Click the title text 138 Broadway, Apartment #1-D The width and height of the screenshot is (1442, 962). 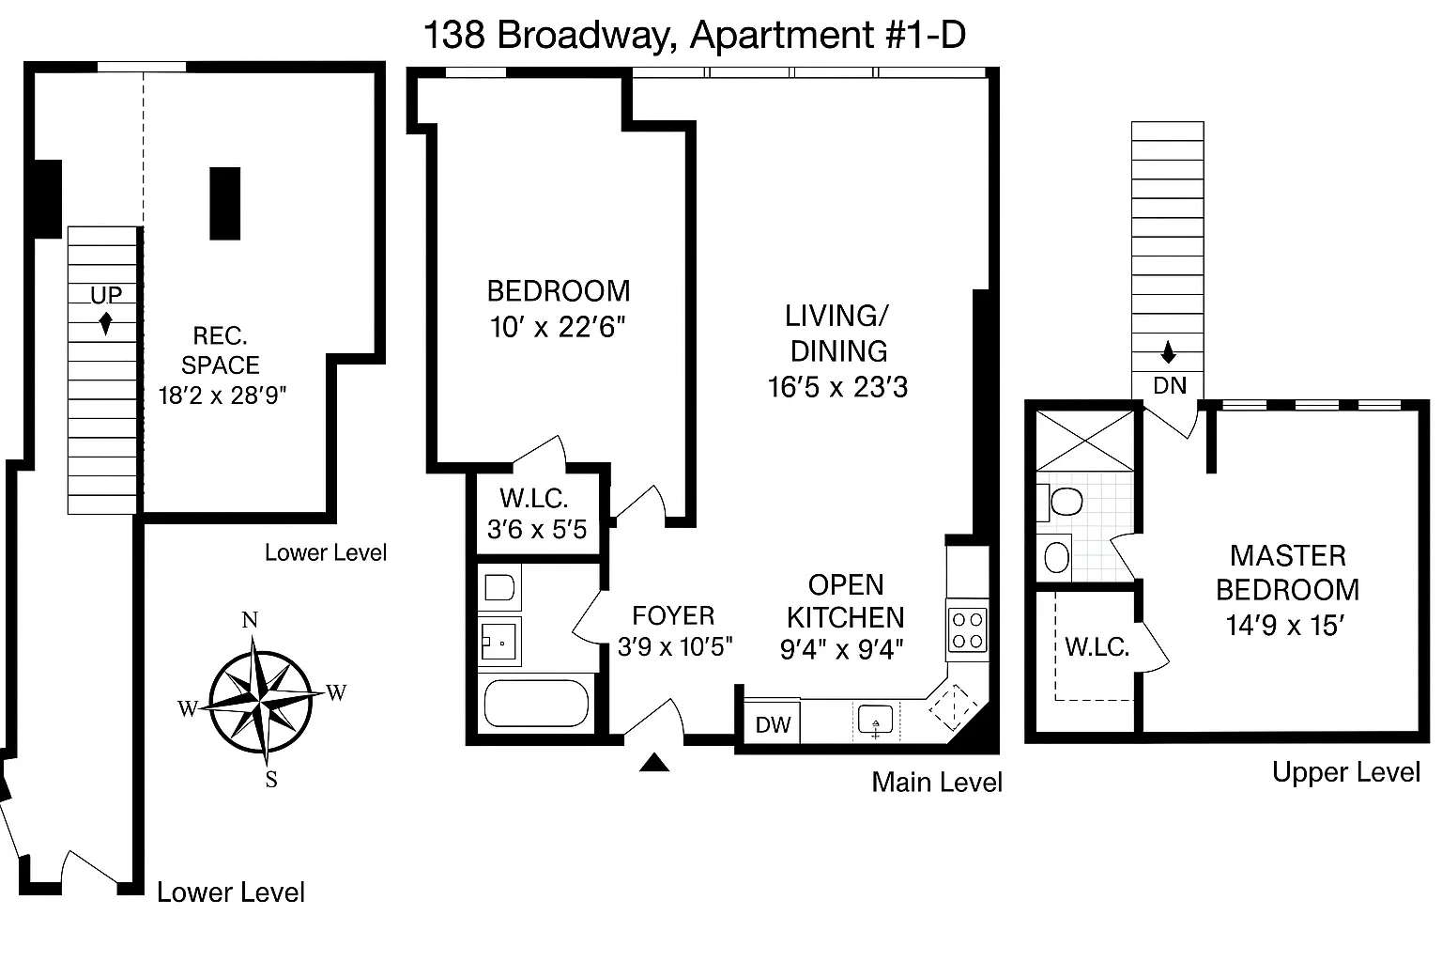click(x=694, y=36)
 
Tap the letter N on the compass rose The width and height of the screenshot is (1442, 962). click(x=250, y=620)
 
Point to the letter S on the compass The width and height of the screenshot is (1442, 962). click(x=270, y=779)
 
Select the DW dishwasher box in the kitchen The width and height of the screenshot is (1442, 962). click(x=773, y=725)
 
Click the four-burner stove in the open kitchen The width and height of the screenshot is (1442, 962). click(x=967, y=630)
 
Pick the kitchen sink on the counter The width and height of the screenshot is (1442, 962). click(x=875, y=721)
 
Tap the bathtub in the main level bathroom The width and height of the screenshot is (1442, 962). click(x=536, y=705)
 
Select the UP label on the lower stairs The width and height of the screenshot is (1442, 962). click(x=106, y=295)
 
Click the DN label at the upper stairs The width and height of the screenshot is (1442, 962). click(x=1169, y=385)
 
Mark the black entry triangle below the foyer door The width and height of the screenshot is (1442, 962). click(x=654, y=763)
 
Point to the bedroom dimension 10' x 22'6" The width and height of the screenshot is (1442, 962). click(x=558, y=327)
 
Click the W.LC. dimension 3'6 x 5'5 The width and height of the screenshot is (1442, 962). click(x=537, y=530)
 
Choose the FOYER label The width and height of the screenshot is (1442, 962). click(x=673, y=615)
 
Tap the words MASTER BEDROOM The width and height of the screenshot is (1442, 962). click(x=1287, y=572)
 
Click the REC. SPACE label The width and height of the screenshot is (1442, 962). click(x=221, y=350)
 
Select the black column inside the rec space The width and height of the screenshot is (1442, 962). click(x=225, y=204)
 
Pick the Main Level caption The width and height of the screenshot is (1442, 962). click(x=936, y=783)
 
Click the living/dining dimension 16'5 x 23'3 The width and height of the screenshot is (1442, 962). click(x=837, y=387)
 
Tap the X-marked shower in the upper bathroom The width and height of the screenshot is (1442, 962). click(x=1084, y=440)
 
